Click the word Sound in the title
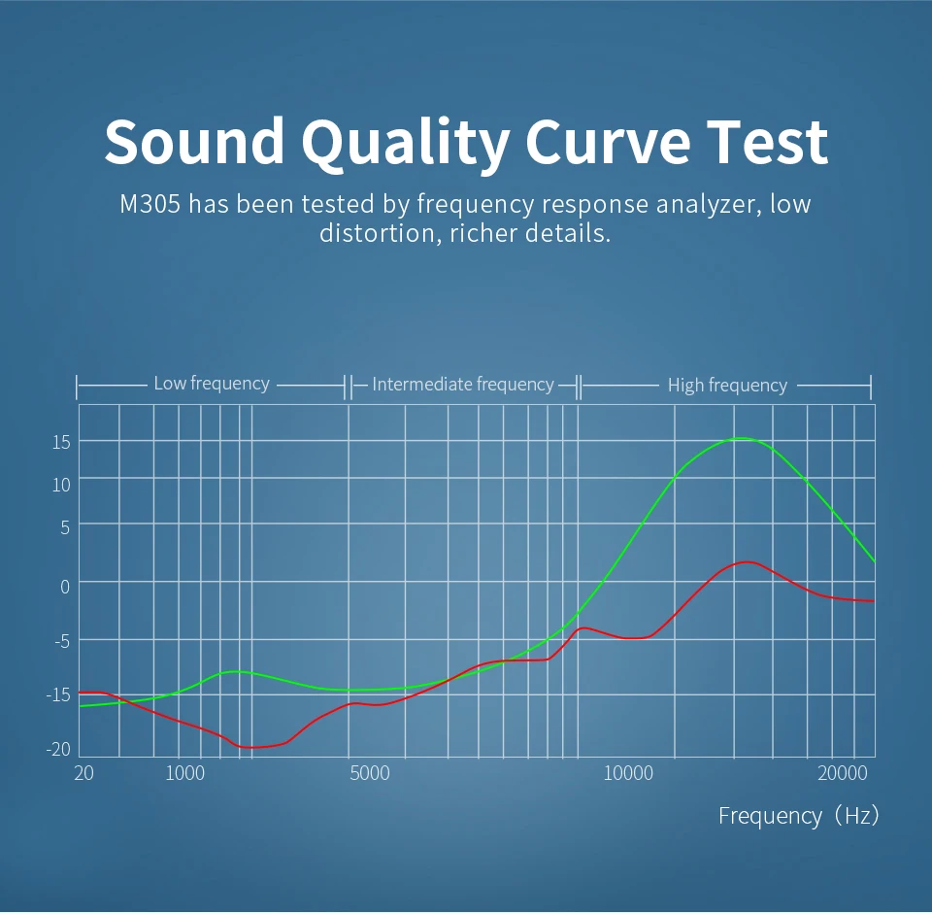pyautogui.click(x=194, y=142)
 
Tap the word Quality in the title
pyautogui.click(x=405, y=144)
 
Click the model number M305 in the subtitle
pyautogui.click(x=150, y=204)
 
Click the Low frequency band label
pyautogui.click(x=212, y=384)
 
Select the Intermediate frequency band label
pyautogui.click(x=463, y=385)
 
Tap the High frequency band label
pyautogui.click(x=727, y=386)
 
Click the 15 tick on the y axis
pyautogui.click(x=61, y=443)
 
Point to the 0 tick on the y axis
pyautogui.click(x=65, y=587)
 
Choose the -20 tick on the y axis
pyautogui.click(x=58, y=749)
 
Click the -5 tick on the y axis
pyautogui.click(x=62, y=641)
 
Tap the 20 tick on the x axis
pyautogui.click(x=83, y=773)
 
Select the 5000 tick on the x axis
pyautogui.click(x=370, y=773)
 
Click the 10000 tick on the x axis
pyautogui.click(x=628, y=773)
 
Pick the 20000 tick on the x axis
pyautogui.click(x=843, y=773)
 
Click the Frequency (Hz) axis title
pyautogui.click(x=798, y=816)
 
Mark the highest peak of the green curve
pyautogui.click(x=741, y=438)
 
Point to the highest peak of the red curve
pyautogui.click(x=748, y=562)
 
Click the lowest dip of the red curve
pyautogui.click(x=250, y=748)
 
